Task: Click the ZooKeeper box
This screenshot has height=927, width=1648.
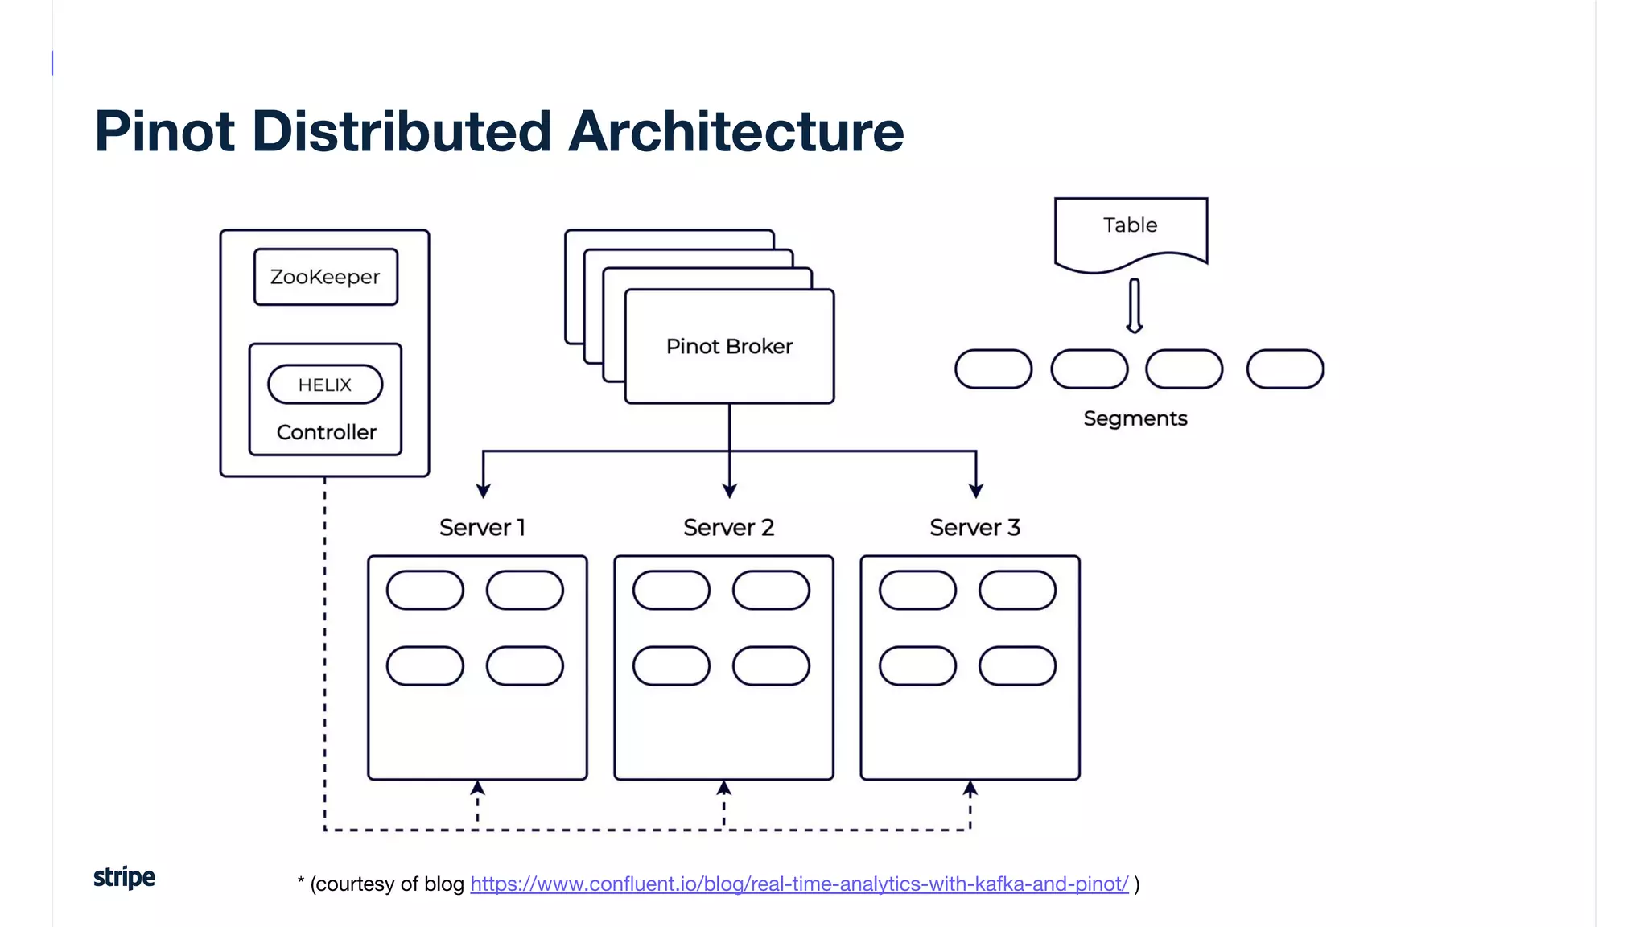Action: click(325, 277)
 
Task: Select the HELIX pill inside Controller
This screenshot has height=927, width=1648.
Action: click(325, 385)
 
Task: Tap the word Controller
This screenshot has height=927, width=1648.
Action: click(326, 432)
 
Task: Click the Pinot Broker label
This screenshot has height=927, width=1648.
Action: click(729, 346)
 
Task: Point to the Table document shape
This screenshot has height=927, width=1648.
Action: click(1131, 229)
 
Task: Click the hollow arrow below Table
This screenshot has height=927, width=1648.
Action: click(1134, 306)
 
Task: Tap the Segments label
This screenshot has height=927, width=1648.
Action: click(1135, 418)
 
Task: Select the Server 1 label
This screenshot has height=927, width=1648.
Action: click(482, 528)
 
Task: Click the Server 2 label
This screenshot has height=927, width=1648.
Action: click(728, 528)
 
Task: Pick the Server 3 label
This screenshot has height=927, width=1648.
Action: click(974, 528)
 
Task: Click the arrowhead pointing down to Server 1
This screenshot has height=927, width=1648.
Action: click(483, 490)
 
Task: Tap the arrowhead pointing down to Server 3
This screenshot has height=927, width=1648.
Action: click(976, 490)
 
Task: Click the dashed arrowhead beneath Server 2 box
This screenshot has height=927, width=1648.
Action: click(723, 788)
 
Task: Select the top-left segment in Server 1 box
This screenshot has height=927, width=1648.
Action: click(425, 590)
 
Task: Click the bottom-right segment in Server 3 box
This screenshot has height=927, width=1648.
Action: click(1017, 665)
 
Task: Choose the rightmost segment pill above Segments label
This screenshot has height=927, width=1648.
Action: click(1284, 369)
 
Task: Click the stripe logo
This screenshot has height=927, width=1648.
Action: click(124, 877)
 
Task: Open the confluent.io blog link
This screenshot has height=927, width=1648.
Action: click(799, 884)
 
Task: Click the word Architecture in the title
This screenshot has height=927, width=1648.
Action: click(735, 131)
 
